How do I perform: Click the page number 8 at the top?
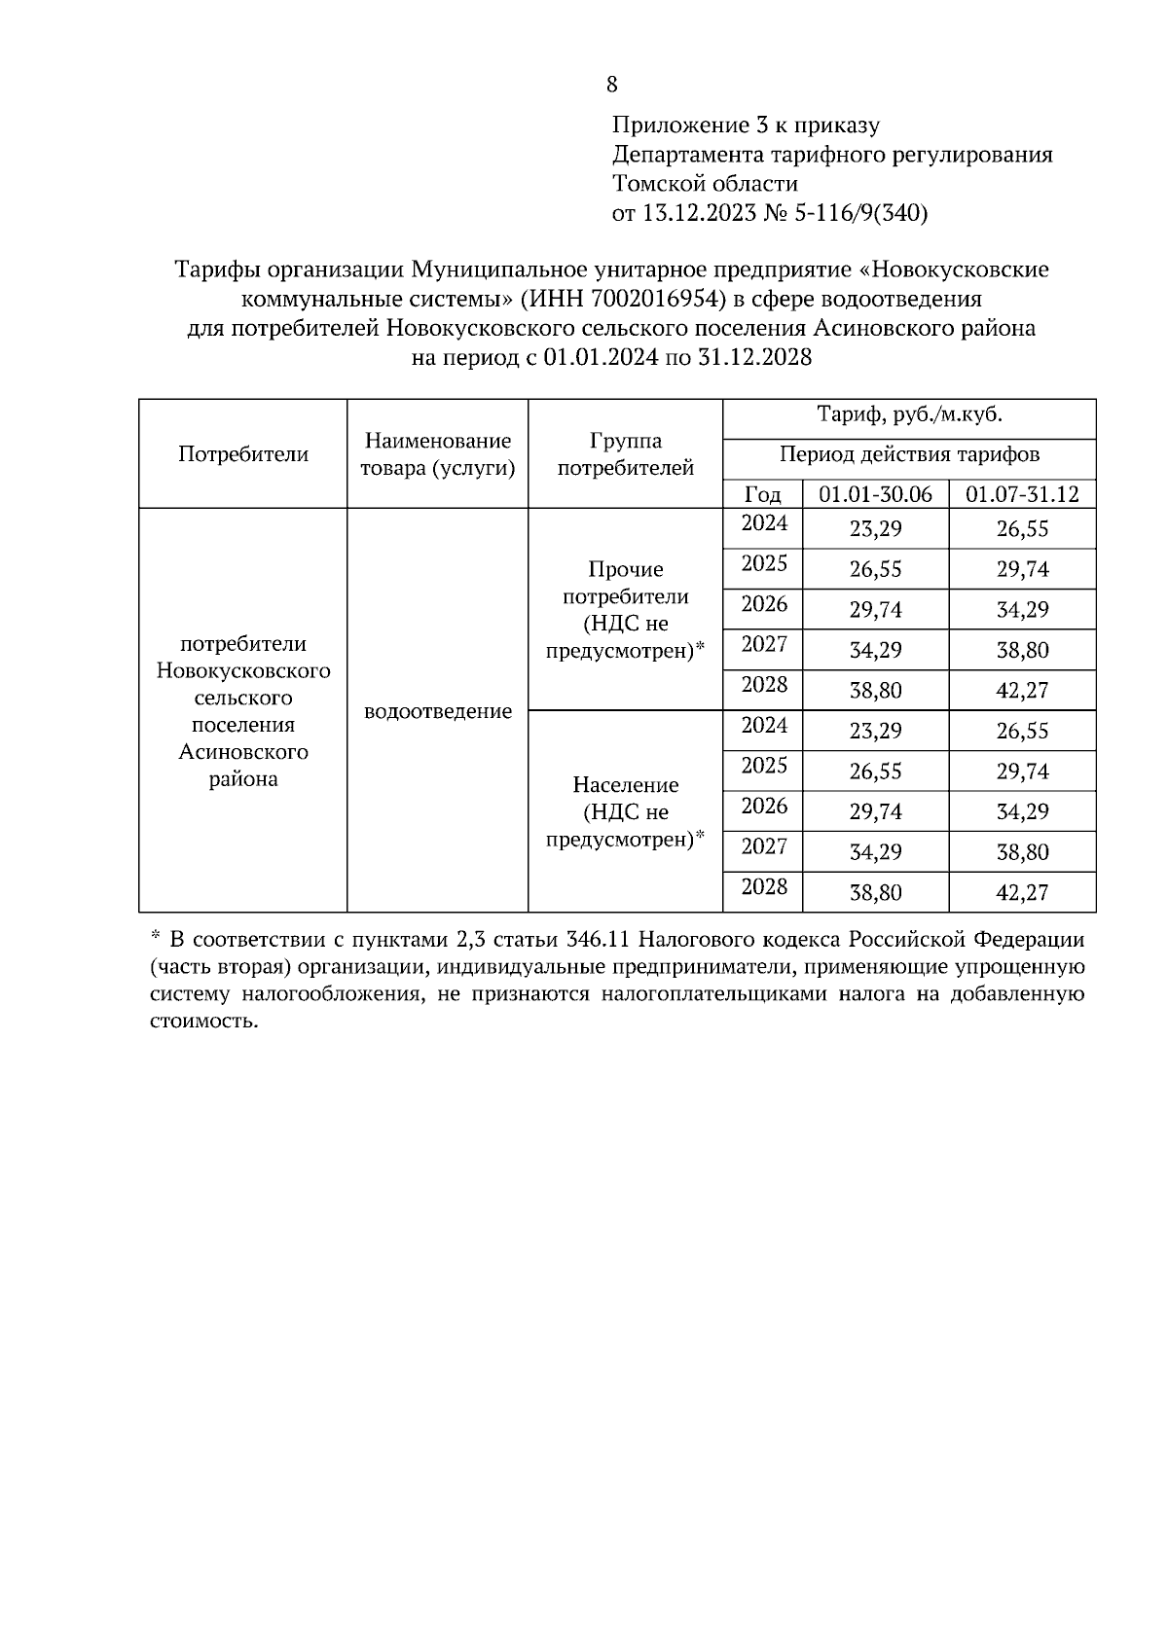tap(611, 85)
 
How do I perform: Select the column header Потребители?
tap(243, 454)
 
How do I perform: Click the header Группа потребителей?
tap(625, 454)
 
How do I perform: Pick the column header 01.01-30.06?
tap(875, 494)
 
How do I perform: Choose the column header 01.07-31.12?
tap(1021, 494)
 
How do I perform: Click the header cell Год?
tap(762, 494)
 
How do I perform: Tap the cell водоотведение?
tap(437, 711)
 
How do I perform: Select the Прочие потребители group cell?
tap(625, 610)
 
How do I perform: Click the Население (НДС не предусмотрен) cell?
tap(625, 811)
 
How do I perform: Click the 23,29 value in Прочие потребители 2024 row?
tap(875, 529)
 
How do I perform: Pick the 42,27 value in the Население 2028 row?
tap(1021, 892)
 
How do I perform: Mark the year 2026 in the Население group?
tap(764, 807)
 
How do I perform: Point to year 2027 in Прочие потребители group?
tap(764, 645)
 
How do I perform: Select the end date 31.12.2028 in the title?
tap(754, 357)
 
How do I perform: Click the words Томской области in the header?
tap(705, 184)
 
